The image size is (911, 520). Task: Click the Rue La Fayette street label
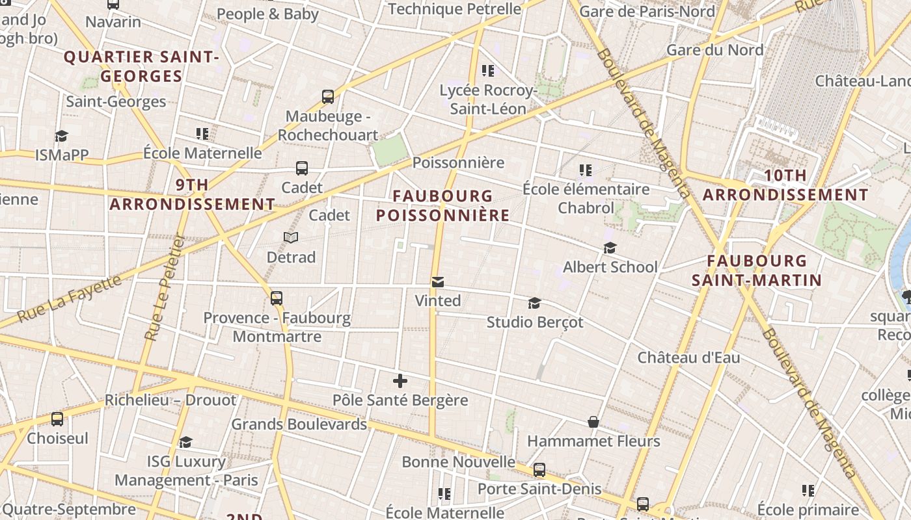70,299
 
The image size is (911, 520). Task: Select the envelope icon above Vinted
438,282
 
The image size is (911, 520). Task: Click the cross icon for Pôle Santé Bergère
400,381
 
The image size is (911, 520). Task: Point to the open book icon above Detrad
291,238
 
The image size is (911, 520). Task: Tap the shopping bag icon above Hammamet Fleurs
593,422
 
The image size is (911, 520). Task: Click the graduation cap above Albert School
610,248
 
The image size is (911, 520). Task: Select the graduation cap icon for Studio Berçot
534,304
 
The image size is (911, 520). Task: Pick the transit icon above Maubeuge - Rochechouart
328,97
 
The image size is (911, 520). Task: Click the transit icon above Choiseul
57,419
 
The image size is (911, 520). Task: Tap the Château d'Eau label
688,357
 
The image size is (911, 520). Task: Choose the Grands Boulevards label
299,424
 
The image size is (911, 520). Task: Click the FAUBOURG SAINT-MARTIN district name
756,270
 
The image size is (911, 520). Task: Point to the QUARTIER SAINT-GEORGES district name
141,66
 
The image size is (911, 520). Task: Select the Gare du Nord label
714,50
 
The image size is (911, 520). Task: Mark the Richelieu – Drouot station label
170,400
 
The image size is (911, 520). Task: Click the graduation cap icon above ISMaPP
61,136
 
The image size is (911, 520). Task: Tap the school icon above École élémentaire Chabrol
586,170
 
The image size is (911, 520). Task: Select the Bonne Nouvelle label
458,462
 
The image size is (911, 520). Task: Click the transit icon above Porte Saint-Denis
539,470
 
